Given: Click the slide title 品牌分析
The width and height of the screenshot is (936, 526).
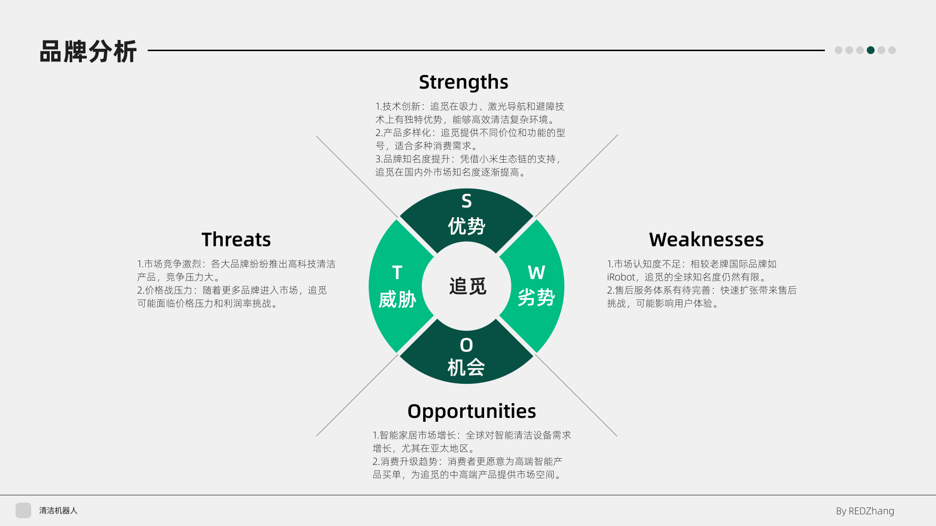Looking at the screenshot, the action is click(88, 52).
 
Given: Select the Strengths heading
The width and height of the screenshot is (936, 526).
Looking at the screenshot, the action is click(464, 82).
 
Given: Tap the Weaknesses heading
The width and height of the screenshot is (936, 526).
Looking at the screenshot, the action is click(706, 240).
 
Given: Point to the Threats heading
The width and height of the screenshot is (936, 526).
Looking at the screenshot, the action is click(236, 240).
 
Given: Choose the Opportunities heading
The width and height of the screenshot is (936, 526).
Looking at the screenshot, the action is click(471, 412).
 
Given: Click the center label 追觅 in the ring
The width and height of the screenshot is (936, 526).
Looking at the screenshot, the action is click(468, 286).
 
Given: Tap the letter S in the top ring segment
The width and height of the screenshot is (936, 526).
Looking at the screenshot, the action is click(467, 201).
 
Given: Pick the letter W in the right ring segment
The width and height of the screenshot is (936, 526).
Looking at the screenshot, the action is click(536, 273).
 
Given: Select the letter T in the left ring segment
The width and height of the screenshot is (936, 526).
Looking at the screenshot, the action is click(397, 273).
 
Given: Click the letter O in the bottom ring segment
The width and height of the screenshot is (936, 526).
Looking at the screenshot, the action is click(467, 345).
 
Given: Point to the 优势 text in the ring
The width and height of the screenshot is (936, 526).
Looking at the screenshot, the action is click(467, 226).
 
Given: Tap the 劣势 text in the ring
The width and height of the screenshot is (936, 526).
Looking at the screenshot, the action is click(536, 298).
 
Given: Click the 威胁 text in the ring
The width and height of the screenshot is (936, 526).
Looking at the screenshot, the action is click(397, 300).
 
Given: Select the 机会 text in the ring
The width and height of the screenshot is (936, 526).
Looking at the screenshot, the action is click(466, 368).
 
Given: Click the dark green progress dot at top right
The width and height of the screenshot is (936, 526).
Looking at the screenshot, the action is click(871, 50).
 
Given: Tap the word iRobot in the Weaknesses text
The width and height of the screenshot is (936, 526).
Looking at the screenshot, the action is click(622, 277).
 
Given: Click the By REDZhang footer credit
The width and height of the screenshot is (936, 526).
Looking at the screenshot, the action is click(865, 511).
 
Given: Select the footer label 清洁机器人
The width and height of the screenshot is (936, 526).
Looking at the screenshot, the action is click(58, 510).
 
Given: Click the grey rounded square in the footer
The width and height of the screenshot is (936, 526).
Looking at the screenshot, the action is click(23, 510).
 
